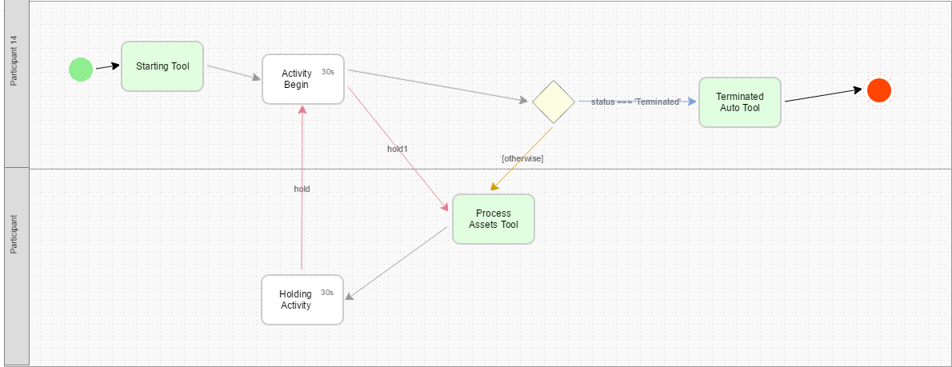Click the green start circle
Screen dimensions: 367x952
[80, 70]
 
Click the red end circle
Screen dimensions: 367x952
[878, 90]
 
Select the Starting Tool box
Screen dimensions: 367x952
[162, 66]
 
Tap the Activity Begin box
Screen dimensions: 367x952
[302, 79]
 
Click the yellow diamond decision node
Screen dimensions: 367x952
[554, 102]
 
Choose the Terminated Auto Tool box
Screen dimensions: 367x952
[739, 102]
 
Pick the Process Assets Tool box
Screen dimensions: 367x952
[493, 219]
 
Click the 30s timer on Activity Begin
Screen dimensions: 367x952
[328, 72]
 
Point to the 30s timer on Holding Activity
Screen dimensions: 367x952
[327, 293]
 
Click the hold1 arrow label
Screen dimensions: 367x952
[398, 149]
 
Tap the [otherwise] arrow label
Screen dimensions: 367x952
[522, 158]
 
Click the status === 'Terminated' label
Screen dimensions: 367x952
[636, 102]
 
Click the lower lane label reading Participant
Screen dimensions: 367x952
[14, 233]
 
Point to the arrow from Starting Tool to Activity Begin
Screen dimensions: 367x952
[234, 73]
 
